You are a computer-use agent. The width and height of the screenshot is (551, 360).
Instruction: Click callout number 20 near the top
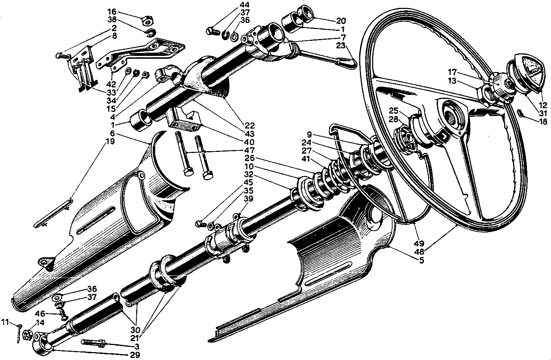coord(341,21)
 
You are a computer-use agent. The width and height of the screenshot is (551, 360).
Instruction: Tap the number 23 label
coord(341,45)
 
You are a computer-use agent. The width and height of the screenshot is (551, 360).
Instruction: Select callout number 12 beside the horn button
coord(543,105)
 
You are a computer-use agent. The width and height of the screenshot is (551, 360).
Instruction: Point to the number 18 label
coord(543,121)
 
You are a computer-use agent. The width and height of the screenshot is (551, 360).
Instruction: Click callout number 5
coord(422,260)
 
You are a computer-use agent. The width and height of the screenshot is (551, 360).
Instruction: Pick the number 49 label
coord(419,243)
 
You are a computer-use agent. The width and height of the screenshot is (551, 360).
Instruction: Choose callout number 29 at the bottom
coord(135,355)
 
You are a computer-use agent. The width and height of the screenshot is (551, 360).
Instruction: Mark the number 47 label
coord(249,150)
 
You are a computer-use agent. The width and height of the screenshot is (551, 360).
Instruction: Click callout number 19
coord(110,141)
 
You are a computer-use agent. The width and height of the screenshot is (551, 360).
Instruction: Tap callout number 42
coord(111,84)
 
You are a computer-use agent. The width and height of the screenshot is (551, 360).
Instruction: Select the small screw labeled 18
coord(519,113)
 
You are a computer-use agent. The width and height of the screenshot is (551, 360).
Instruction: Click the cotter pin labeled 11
coord(19,333)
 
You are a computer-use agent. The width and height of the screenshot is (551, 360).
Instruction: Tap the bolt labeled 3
coord(93,343)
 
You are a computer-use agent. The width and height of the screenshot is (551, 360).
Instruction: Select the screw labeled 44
coord(213,32)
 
